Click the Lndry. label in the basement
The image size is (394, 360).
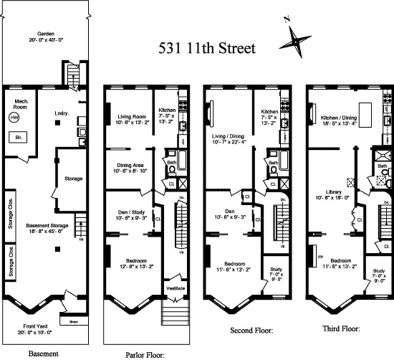point(62,113)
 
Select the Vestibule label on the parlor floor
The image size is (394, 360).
point(176,288)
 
